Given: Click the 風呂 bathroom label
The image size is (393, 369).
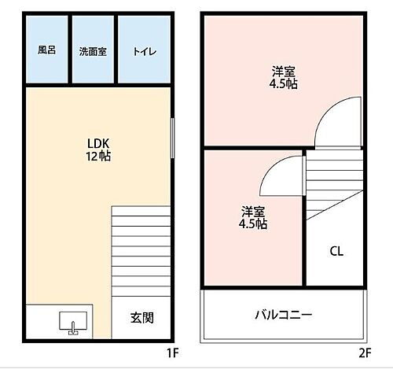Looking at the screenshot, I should pyautogui.click(x=47, y=50).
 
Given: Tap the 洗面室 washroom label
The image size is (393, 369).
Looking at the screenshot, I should pyautogui.click(x=93, y=51).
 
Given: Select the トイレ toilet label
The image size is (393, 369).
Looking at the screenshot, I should pyautogui.click(x=144, y=51).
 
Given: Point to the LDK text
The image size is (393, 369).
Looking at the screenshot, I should pyautogui.click(x=98, y=144).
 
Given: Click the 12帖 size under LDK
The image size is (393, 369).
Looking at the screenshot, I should pyautogui.click(x=98, y=157).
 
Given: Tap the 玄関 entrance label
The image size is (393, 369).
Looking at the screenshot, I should pyautogui.click(x=142, y=319).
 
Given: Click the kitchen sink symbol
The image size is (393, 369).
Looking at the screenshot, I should pyautogui.click(x=69, y=323).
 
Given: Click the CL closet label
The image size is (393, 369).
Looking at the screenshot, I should pyautogui.click(x=336, y=252).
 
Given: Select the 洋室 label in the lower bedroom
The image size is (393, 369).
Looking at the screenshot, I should pyautogui.click(x=253, y=212).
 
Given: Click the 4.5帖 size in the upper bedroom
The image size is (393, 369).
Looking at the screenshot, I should pyautogui.click(x=285, y=84).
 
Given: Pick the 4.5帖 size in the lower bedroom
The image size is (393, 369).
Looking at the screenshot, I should pyautogui.click(x=253, y=224).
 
